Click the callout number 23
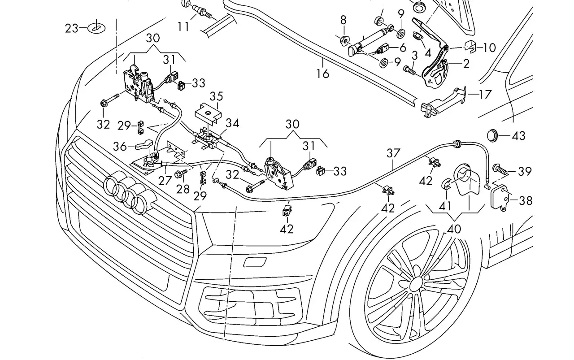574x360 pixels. click(x=71, y=28)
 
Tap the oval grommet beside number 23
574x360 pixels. click(x=96, y=28)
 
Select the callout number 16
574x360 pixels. click(x=322, y=74)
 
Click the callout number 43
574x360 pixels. click(x=518, y=135)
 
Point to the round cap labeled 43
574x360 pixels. click(x=492, y=135)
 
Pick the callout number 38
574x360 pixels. click(x=525, y=201)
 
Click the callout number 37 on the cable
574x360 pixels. click(x=393, y=153)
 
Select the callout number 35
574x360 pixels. click(x=217, y=96)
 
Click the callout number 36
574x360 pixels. click(x=120, y=147)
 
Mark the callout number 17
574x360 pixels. click(x=485, y=94)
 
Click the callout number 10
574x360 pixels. click(x=489, y=48)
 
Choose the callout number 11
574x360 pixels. click(x=183, y=26)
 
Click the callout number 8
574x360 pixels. click(x=344, y=20)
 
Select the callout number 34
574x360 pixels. click(x=232, y=123)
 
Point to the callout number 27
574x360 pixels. click(x=165, y=181)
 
